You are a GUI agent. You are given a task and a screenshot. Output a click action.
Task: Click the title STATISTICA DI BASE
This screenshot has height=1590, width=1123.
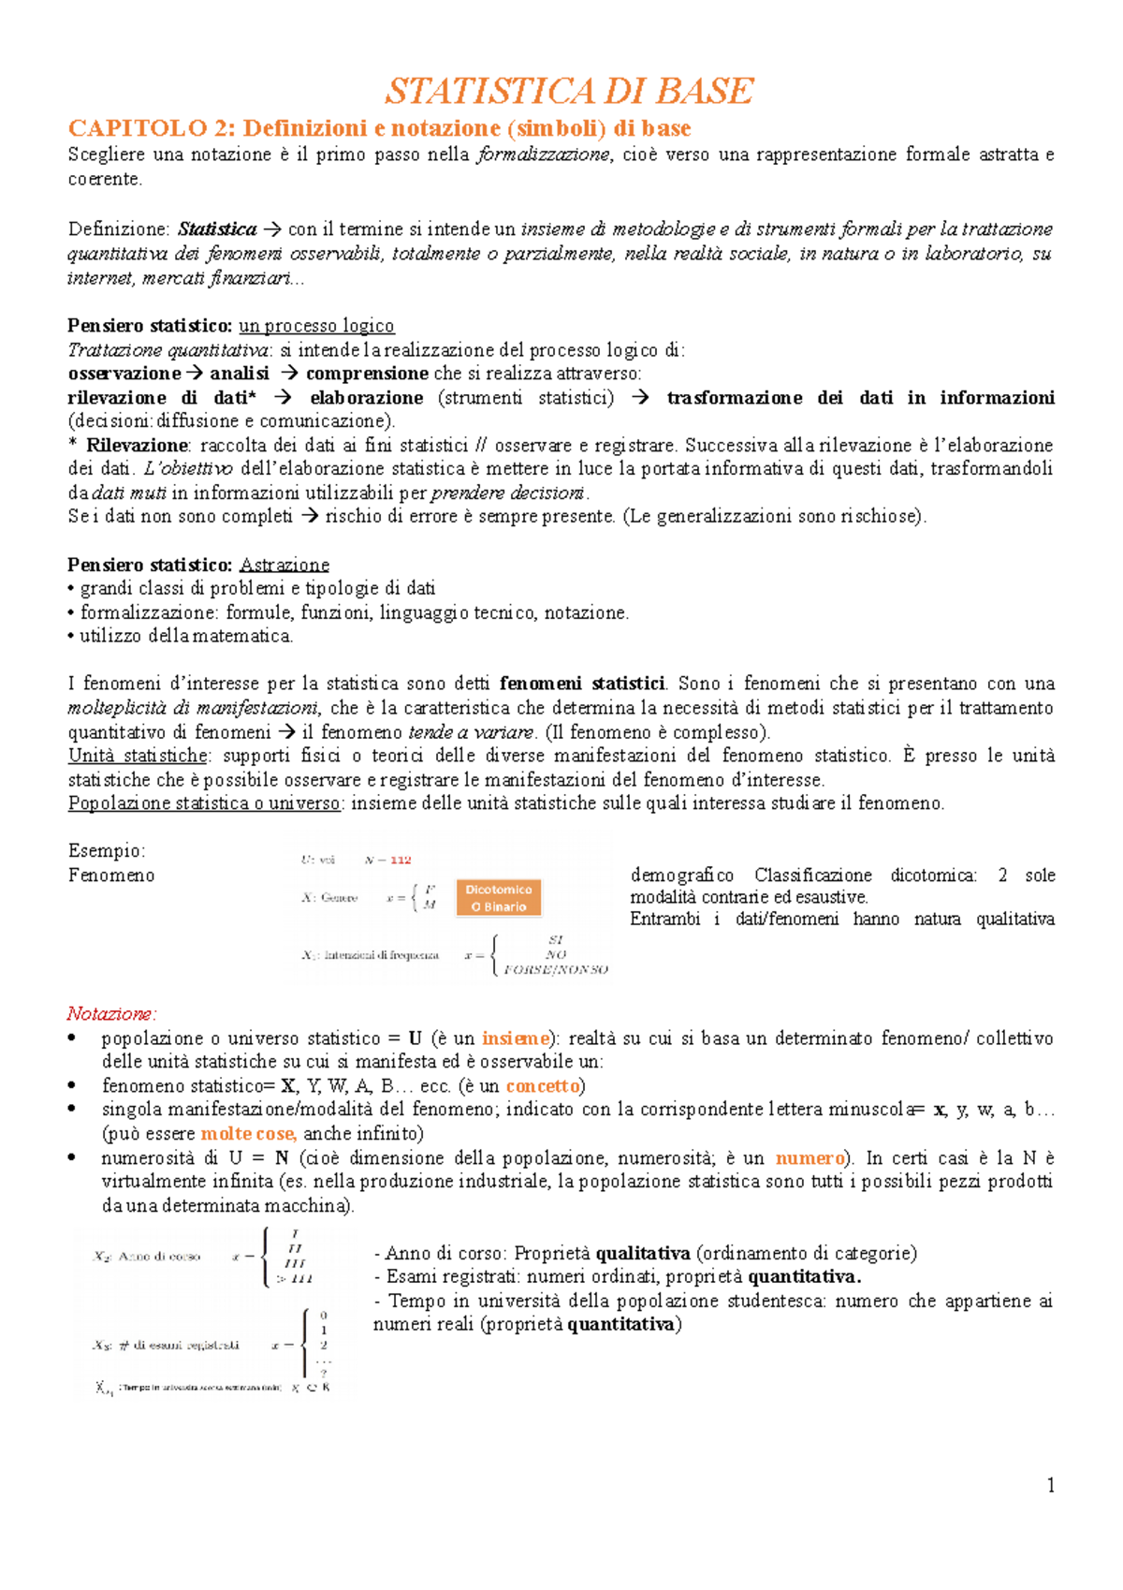point(568,91)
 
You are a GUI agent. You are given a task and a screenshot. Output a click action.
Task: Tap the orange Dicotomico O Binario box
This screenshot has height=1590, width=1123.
point(499,898)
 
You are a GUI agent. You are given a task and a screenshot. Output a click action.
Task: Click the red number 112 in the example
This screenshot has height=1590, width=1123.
point(401,860)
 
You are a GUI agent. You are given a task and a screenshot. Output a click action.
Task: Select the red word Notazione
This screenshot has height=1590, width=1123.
point(110,1014)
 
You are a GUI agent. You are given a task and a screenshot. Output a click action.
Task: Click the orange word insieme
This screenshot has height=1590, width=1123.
point(515,1038)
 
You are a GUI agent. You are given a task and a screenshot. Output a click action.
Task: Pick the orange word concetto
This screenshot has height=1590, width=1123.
point(543,1086)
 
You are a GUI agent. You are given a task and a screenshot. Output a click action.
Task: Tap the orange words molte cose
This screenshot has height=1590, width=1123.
point(248,1134)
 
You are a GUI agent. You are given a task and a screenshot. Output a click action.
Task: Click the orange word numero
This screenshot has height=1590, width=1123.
point(809,1158)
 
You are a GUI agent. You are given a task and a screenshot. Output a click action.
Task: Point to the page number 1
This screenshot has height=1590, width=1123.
point(1050,1485)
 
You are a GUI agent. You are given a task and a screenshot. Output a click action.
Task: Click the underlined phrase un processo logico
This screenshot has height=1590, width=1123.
point(316,326)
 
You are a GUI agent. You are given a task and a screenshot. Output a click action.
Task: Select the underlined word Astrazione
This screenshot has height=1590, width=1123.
point(284,565)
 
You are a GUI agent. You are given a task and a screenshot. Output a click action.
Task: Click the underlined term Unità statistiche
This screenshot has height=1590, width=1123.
point(138,756)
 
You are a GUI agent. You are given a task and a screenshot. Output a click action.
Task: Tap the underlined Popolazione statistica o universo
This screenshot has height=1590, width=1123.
point(204,803)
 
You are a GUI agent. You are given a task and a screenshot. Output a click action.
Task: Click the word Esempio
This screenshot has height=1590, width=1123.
point(106,851)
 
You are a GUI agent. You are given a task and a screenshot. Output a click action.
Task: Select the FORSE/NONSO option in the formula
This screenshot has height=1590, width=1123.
point(556,970)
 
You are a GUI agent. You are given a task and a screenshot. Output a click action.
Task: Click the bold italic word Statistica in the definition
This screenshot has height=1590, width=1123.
point(217,229)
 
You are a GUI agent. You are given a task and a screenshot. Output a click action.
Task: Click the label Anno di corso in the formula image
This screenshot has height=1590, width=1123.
point(159,1257)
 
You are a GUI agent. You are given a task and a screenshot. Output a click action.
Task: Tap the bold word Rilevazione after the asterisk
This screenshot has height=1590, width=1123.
point(137,446)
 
